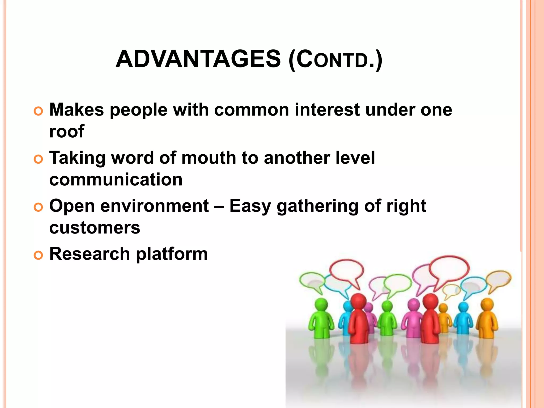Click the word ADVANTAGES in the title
198,59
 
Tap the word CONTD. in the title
335,59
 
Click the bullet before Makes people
38,111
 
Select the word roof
67,131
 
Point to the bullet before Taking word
38,159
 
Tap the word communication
116,180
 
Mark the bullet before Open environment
38,207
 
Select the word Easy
250,206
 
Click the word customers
95,228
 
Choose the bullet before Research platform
38,256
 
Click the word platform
172,254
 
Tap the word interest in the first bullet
327,110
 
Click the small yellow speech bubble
451,290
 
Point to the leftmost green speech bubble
311,280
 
